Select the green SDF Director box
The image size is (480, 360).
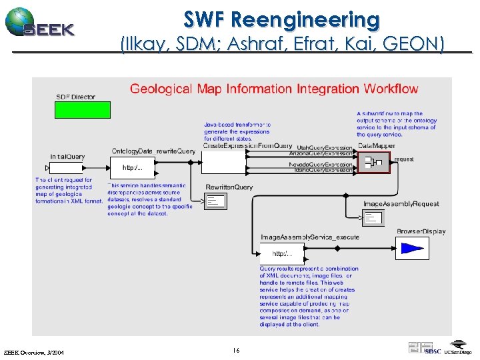click(83, 110)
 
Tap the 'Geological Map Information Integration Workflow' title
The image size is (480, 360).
click(274, 89)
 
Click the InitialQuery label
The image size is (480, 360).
click(68, 157)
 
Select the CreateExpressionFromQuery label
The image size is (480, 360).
click(247, 146)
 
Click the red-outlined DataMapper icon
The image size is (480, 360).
click(373, 161)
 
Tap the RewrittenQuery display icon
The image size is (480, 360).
click(215, 201)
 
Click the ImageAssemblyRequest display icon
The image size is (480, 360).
click(372, 217)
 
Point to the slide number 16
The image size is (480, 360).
click(237, 349)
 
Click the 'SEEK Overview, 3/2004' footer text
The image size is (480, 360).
click(34, 351)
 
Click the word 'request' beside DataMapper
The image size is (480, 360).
click(403, 159)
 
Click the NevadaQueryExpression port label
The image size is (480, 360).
click(321, 164)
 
